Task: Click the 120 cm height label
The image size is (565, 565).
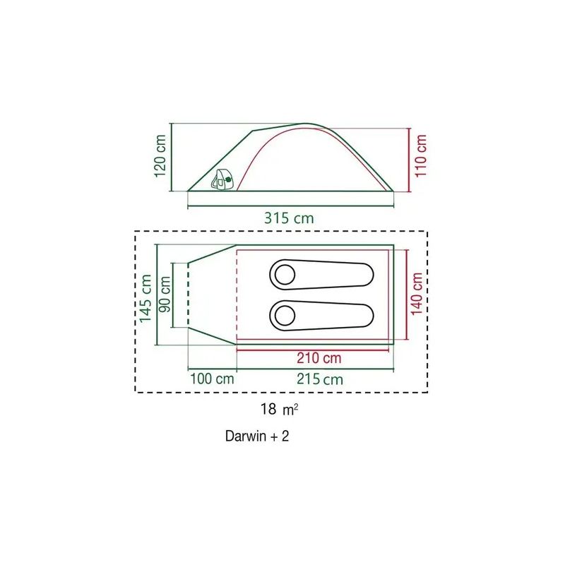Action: (x=160, y=155)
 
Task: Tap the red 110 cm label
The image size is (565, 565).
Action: (x=420, y=155)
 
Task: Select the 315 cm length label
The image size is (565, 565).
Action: (x=289, y=218)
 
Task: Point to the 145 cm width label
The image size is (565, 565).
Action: (x=145, y=298)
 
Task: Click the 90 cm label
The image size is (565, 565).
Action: (x=165, y=295)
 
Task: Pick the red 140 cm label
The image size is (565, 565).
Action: (x=416, y=294)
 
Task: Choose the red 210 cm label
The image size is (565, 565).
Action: (x=319, y=358)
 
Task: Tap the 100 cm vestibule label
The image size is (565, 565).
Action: (x=212, y=379)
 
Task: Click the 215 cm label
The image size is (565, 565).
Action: (x=320, y=379)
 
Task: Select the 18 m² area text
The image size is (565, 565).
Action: (x=279, y=409)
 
